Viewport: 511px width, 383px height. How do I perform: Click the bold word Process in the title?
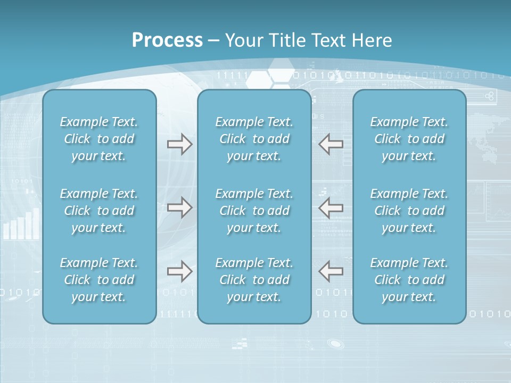[x=167, y=40]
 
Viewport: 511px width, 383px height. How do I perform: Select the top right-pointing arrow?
[x=180, y=144]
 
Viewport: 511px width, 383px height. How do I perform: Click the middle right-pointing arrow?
[x=180, y=207]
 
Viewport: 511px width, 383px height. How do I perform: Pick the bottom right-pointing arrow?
[x=180, y=271]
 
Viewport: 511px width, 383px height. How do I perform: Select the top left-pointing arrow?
[x=331, y=144]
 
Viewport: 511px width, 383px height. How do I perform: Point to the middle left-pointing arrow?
[x=331, y=207]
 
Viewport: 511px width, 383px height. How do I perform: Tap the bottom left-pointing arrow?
[x=331, y=271]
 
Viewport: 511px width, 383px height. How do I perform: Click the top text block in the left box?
[x=99, y=139]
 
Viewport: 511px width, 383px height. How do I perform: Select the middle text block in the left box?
[x=99, y=211]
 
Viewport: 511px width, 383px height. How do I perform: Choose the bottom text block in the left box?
[x=99, y=280]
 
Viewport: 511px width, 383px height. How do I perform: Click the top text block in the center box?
[x=254, y=139]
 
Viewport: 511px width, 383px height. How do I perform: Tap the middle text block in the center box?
[x=254, y=211]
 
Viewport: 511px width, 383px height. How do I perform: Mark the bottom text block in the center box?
[x=254, y=280]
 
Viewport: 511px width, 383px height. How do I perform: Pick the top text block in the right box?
[x=409, y=139]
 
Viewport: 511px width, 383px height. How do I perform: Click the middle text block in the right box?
[x=409, y=211]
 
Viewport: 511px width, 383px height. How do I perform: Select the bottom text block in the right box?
[x=409, y=280]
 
